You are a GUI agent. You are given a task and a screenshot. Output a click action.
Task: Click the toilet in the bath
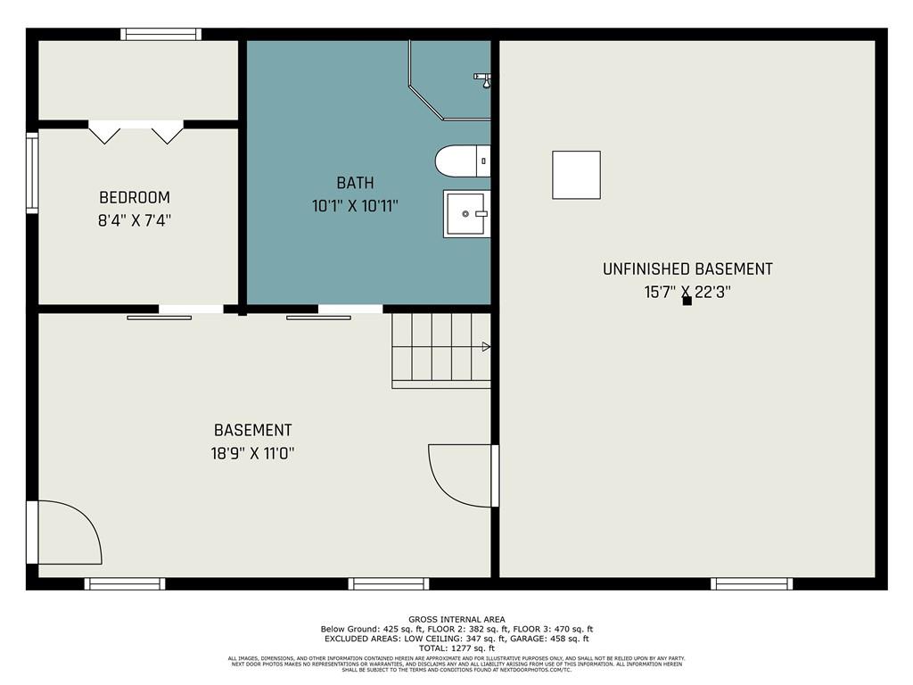click(x=463, y=161)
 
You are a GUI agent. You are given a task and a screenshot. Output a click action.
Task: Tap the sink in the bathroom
click(x=466, y=214)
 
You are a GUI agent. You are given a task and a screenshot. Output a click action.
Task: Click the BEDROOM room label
click(x=134, y=198)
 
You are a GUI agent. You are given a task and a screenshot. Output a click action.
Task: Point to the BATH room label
click(x=355, y=184)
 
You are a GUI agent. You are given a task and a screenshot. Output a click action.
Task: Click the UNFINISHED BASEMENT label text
click(x=687, y=269)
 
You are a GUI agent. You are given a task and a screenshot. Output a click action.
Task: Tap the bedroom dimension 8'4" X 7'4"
click(x=134, y=220)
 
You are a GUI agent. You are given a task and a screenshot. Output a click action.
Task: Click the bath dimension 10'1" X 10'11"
click(x=355, y=206)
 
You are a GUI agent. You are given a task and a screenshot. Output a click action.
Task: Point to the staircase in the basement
click(x=440, y=351)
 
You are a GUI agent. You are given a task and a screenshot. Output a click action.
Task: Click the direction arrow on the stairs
click(x=486, y=346)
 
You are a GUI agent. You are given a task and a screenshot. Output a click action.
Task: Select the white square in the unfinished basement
click(x=576, y=175)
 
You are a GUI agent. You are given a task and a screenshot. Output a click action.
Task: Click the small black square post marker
click(x=687, y=301)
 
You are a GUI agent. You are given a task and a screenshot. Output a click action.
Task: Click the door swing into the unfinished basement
click(x=461, y=475)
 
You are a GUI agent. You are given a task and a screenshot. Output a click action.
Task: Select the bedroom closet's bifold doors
click(x=136, y=132)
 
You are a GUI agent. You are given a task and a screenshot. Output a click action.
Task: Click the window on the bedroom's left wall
click(x=32, y=173)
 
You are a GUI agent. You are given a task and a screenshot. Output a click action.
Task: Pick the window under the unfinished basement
click(x=752, y=584)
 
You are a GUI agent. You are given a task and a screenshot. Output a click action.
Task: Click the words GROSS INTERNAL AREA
click(x=456, y=620)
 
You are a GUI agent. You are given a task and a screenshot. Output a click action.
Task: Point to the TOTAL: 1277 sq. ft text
click(x=456, y=648)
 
